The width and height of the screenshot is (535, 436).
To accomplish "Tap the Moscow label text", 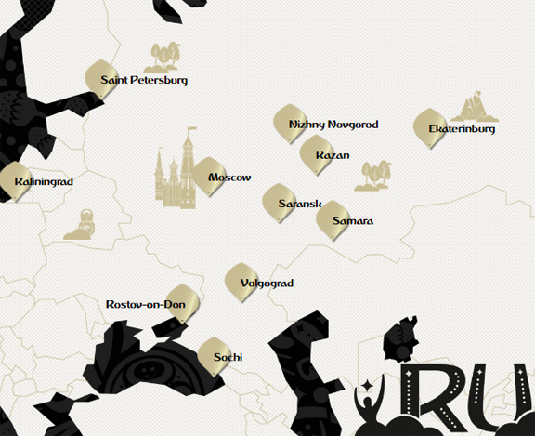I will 229,178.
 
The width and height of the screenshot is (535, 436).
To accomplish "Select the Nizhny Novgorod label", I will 333,125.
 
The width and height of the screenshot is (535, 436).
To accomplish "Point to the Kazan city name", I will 333,155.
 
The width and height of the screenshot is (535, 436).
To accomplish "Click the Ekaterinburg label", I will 462,129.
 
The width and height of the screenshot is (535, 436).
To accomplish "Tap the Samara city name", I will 352,221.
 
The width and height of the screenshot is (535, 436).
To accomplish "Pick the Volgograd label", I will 267,283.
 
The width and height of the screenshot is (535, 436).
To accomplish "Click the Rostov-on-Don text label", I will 147,304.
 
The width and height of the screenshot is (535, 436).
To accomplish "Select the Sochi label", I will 228,357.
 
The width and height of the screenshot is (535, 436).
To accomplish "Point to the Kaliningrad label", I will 44,182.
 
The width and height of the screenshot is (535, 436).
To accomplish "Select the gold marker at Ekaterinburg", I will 429,126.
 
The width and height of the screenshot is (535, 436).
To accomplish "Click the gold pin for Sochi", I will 214,352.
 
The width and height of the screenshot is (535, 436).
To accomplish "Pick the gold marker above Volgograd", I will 241,279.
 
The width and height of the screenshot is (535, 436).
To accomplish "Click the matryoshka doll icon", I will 80,225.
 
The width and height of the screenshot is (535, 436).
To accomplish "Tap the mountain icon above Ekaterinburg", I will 475,107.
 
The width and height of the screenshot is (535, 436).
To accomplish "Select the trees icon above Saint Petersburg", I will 163,56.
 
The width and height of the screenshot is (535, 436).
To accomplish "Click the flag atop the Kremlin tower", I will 193,130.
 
